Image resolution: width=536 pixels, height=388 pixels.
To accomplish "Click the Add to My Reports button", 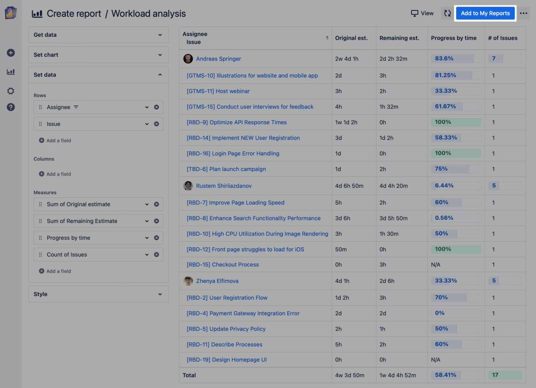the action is [x=485, y=13].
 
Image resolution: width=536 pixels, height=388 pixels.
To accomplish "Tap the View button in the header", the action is [x=422, y=13].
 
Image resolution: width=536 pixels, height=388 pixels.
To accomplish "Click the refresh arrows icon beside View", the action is [x=447, y=13].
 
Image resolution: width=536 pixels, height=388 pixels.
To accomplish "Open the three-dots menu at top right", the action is [x=523, y=13].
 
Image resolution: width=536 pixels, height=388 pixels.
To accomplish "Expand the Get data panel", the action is [x=98, y=35].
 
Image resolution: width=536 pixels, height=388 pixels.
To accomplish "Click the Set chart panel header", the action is [x=98, y=55].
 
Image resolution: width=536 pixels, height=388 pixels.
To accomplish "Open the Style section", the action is [x=98, y=294].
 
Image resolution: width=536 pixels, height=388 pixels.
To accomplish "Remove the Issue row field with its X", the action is [x=156, y=124].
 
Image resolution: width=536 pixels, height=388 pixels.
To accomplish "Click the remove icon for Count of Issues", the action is [x=156, y=255].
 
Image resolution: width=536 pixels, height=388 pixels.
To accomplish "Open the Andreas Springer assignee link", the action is [x=218, y=59].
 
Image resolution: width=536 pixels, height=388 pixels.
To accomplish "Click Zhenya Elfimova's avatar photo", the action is [x=188, y=281].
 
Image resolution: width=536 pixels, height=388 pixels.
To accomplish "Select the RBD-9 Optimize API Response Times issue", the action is [x=237, y=122].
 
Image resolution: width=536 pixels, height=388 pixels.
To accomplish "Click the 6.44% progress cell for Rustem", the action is [x=456, y=186].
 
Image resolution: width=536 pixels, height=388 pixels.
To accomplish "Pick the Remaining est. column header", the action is [x=399, y=38].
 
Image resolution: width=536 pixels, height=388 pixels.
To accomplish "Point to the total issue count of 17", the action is [x=505, y=375].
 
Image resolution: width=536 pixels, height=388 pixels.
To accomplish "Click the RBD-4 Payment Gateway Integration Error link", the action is [x=243, y=313].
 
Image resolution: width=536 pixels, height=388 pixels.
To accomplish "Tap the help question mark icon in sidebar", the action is [x=11, y=107].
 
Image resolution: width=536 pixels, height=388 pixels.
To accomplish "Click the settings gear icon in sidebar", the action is [x=11, y=91].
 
